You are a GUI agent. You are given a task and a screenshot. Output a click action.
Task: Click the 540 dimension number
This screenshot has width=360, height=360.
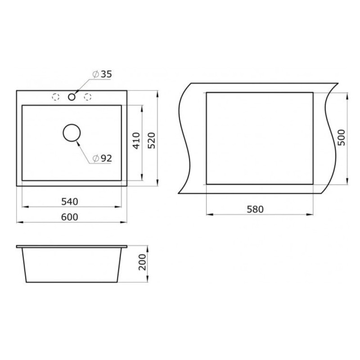click(70, 202)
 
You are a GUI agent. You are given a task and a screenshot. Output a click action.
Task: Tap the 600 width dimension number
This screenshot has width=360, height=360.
click(70, 217)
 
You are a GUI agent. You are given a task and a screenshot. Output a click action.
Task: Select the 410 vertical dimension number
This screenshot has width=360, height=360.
click(136, 141)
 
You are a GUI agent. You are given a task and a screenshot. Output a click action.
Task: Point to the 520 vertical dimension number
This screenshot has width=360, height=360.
click(151, 140)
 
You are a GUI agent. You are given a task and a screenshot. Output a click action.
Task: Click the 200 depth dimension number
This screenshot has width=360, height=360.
click(142, 262)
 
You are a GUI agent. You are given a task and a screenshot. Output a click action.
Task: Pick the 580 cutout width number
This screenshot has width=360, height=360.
click(255, 209)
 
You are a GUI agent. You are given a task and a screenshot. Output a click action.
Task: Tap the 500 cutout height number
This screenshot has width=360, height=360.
click(342, 137)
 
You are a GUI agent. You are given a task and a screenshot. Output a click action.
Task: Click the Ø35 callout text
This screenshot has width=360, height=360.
click(102, 74)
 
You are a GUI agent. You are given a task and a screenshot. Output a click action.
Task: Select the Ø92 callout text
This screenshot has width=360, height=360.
click(102, 158)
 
